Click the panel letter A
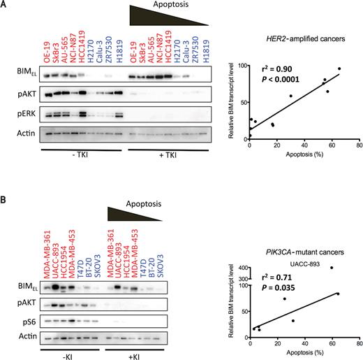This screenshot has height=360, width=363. pos(6,6)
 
